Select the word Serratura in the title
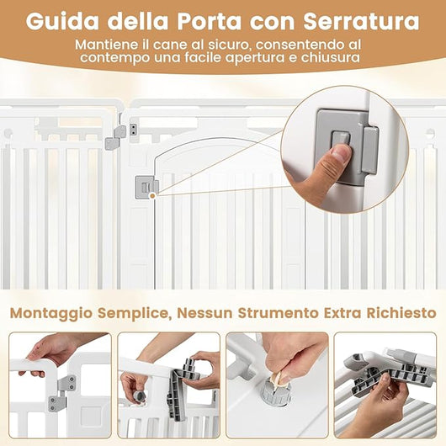pyautogui.click(x=368, y=18)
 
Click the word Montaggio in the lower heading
pyautogui.click(x=52, y=312)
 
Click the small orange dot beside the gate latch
pyautogui.click(x=151, y=195)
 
